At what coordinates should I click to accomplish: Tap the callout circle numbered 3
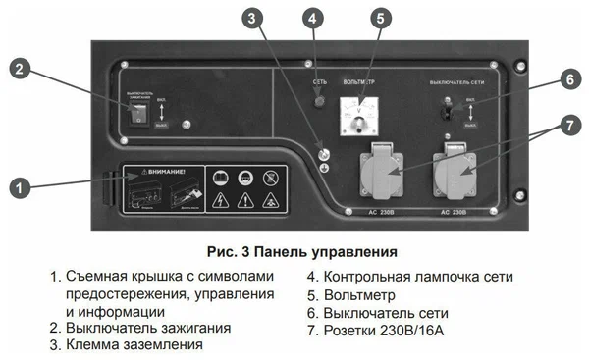[x=253, y=18]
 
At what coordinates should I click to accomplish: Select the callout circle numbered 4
[x=312, y=18]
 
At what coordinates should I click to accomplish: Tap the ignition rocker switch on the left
[x=138, y=114]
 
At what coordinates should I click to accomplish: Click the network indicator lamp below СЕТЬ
[x=319, y=101]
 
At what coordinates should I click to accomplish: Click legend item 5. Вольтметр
[x=350, y=293]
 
